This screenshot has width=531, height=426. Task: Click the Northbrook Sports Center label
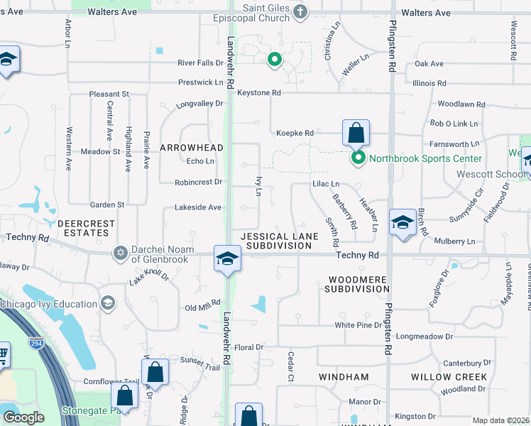pyautogui.click(x=425, y=158)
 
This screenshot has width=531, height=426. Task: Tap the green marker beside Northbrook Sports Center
pyautogui.click(x=359, y=158)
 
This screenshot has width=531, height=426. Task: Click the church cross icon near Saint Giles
pyautogui.click(x=300, y=11)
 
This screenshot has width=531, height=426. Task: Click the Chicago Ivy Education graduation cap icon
pyautogui.click(x=107, y=304)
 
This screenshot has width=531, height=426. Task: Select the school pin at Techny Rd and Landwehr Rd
pyautogui.click(x=227, y=258)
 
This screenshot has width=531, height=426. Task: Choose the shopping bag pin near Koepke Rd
pyautogui.click(x=356, y=133)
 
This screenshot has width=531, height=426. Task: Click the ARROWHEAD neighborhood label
pyautogui.click(x=191, y=148)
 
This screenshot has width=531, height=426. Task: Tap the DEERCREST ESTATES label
pyautogui.click(x=86, y=228)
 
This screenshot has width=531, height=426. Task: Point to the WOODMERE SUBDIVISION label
pyautogui.click(x=357, y=284)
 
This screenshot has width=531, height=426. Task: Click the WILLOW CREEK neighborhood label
pyautogui.click(x=449, y=377)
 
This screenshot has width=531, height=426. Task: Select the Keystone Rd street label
pyautogui.click(x=259, y=93)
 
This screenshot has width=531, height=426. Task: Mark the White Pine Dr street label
pyautogui.click(x=358, y=325)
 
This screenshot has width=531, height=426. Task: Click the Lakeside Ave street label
pyautogui.click(x=199, y=208)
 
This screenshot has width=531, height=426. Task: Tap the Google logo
pyautogui.click(x=23, y=417)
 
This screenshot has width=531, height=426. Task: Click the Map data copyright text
pyautogui.click(x=501, y=420)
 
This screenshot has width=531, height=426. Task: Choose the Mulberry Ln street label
pyautogui.click(x=454, y=241)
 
